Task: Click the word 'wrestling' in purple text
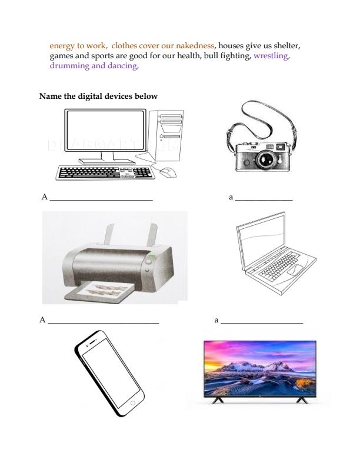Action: [x=272, y=55]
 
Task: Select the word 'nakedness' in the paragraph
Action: [x=195, y=45]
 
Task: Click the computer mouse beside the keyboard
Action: [x=168, y=172]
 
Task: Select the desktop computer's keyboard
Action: [x=105, y=172]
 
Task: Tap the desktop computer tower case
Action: [x=166, y=135]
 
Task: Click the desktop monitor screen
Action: [x=105, y=130]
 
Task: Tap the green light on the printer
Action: [x=151, y=256]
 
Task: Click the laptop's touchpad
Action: [x=295, y=269]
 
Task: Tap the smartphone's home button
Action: [x=132, y=403]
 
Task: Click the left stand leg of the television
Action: [x=218, y=400]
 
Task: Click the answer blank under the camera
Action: [x=264, y=201]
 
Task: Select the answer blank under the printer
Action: [x=104, y=323]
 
